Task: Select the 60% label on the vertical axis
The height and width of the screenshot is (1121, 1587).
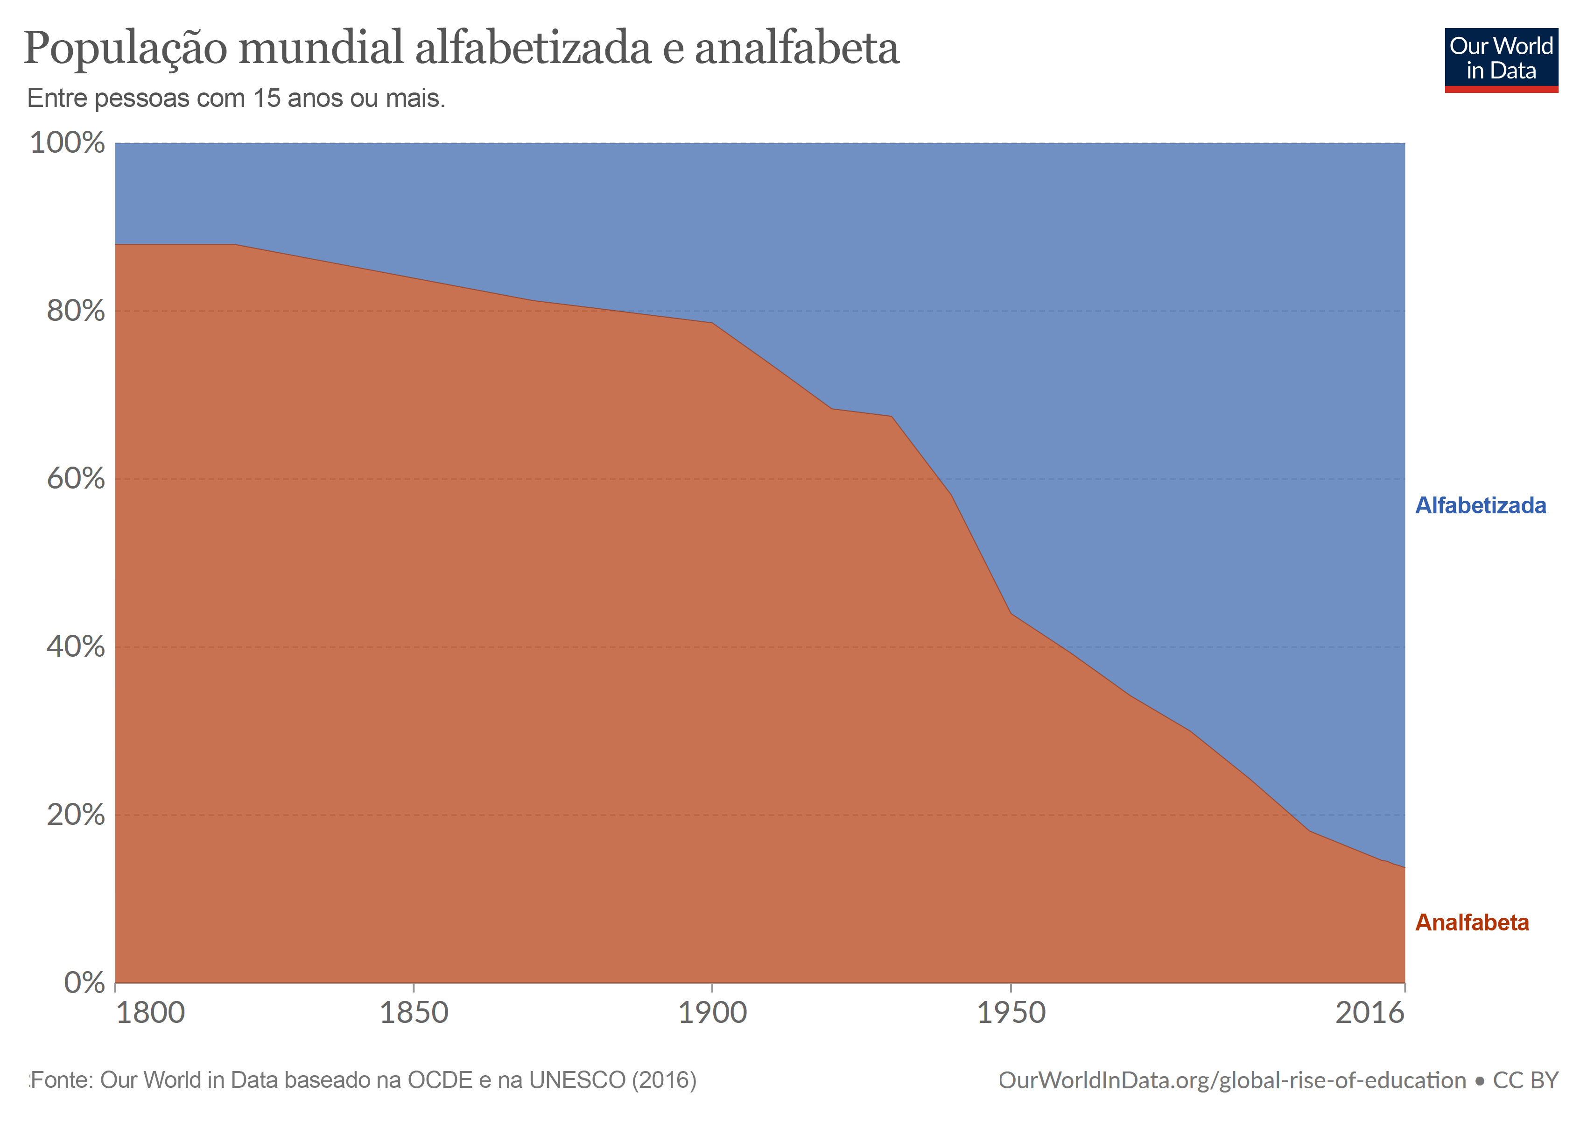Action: tap(75, 479)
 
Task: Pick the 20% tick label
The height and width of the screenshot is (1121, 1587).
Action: tap(75, 815)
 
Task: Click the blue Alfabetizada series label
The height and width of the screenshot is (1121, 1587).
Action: tap(1481, 505)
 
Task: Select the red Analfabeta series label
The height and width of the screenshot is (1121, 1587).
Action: tap(1472, 922)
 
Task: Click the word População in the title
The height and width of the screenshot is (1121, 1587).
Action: tap(125, 50)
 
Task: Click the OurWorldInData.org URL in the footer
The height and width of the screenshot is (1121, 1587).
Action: tap(1232, 1081)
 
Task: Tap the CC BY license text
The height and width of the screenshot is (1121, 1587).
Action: tap(1525, 1081)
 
